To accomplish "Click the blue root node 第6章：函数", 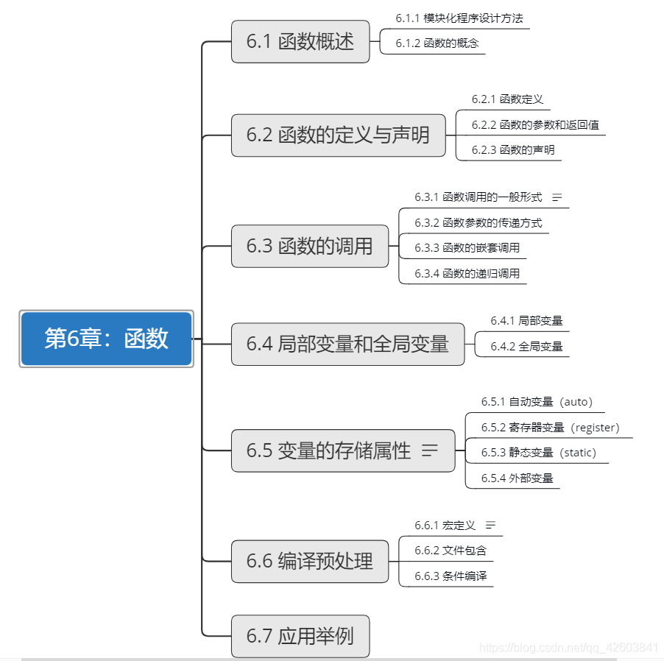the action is pos(106,339).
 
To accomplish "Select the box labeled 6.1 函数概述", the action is pos(300,42).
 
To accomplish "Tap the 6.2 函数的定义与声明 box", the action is pos(339,135).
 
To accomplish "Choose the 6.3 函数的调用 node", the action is pos(310,246).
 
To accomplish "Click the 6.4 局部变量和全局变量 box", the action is pos(347,344).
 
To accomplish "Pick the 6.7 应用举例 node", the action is pos(300,636).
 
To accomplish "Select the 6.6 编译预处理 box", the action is pos(310,561).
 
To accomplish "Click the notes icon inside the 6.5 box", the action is pos(430,450).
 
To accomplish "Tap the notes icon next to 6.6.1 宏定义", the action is pos(490,525).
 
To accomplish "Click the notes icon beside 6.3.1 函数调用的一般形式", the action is pos(557,197).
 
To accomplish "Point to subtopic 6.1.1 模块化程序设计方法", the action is pos(459,18).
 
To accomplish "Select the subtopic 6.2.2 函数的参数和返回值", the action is pos(535,125).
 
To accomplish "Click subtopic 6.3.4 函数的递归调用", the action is pos(467,274).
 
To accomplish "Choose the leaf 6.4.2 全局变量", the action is pos(526,346).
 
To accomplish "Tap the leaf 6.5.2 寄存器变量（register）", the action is pos(550,428).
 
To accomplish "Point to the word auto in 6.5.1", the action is pos(576,402).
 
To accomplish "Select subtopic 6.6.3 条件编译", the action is pos(451,576).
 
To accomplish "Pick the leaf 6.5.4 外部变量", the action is pos(517,478).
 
